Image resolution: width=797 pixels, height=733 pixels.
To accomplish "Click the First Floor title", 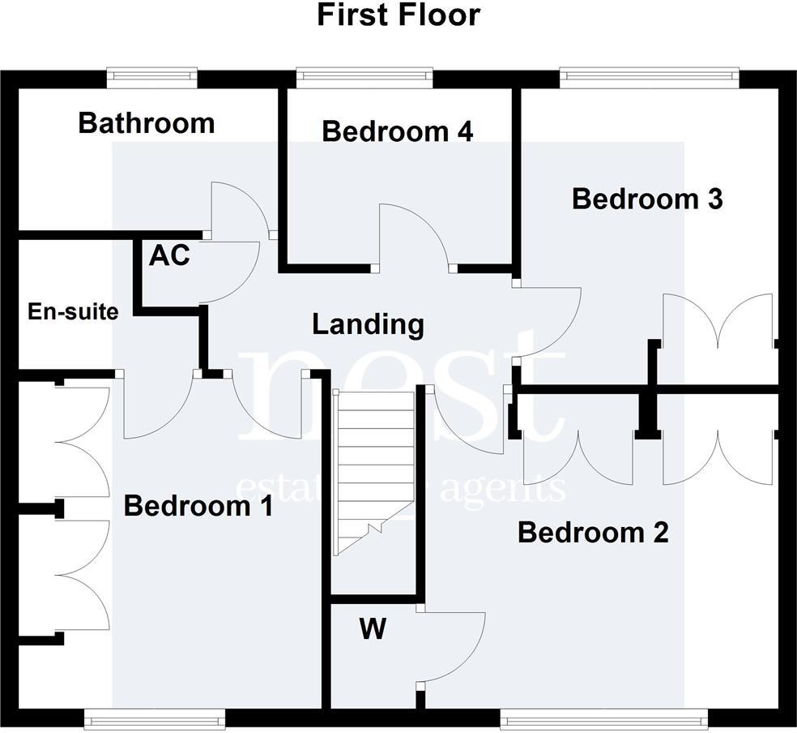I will point(398,15).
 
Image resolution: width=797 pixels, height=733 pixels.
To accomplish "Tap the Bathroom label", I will point(147,123).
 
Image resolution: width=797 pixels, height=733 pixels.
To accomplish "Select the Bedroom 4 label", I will point(397,131).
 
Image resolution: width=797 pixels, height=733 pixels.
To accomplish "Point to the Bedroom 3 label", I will point(646,199).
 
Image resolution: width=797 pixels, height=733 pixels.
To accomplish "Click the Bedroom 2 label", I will point(593,533).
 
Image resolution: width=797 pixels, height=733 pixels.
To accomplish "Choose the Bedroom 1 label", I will point(198,507).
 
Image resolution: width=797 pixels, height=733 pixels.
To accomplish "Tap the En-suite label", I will point(73,311).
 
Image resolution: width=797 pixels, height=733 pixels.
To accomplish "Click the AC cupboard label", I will point(169,255).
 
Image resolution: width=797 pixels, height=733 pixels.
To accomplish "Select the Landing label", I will point(368,325).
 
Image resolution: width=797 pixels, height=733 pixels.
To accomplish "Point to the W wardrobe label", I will point(372,629).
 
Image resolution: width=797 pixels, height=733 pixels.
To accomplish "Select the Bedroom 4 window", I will point(364,77).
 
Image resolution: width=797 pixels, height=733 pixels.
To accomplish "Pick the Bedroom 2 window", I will point(578,717).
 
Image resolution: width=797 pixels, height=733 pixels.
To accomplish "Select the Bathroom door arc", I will point(239,207).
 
